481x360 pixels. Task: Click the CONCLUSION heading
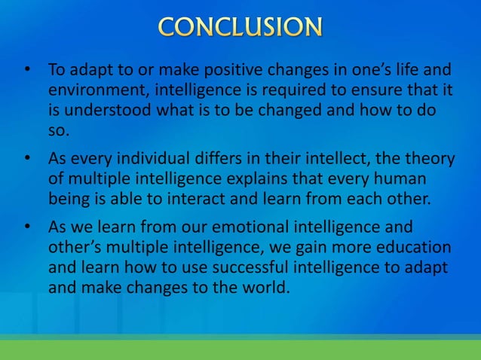240,27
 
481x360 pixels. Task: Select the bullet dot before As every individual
27,160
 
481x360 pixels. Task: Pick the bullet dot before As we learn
27,229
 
